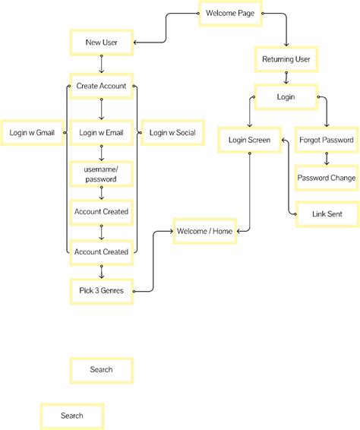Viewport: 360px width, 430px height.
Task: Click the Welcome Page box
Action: point(230,14)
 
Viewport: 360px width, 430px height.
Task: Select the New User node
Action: point(101,43)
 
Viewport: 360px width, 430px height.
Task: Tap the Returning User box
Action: point(285,58)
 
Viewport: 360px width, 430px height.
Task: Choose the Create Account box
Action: point(101,86)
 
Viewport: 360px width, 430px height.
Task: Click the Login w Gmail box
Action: point(31,133)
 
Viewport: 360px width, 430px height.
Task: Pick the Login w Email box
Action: point(101,133)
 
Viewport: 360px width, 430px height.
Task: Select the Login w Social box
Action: point(172,133)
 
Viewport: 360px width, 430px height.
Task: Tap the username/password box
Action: point(101,175)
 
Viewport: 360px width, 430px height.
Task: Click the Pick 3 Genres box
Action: point(101,290)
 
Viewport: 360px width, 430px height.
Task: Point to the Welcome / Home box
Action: point(205,230)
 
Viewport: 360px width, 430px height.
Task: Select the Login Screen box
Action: point(249,141)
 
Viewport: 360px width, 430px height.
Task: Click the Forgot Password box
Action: point(327,141)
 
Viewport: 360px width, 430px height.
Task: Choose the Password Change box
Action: point(327,178)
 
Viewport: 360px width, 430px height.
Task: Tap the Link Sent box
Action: point(327,214)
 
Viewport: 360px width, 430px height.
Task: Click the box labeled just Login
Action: point(285,97)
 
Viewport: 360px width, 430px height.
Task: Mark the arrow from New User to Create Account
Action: point(101,64)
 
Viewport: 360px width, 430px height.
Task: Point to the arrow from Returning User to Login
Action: point(285,77)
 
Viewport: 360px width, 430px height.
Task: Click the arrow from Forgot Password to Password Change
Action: point(327,159)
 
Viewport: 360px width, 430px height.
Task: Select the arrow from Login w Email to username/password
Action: point(101,153)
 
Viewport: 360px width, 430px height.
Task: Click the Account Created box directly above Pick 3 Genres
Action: point(101,251)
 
